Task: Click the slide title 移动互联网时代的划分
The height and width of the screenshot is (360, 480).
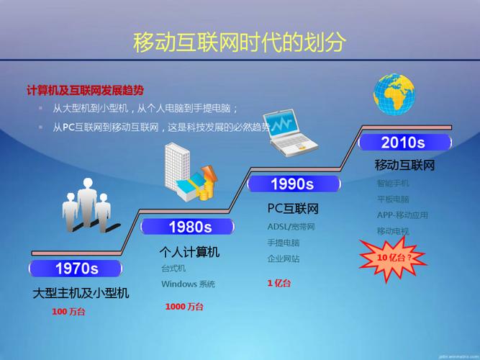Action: (x=240, y=42)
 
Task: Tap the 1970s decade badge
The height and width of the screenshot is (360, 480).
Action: (x=76, y=269)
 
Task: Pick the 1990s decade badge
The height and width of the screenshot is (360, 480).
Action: (x=291, y=184)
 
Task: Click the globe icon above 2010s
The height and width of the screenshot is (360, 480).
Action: (x=394, y=94)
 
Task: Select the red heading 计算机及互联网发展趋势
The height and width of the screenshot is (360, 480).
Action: (x=85, y=90)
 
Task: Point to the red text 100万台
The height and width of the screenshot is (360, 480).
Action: (x=68, y=312)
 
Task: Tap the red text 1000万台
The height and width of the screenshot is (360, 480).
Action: (x=184, y=307)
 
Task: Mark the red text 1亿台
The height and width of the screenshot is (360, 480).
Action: (x=279, y=283)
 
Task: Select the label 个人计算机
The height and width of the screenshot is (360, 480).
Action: (x=189, y=252)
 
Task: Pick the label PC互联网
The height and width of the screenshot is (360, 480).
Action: (x=293, y=209)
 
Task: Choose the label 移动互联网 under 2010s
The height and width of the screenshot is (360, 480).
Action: (x=405, y=165)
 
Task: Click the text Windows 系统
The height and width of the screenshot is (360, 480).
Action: (x=188, y=284)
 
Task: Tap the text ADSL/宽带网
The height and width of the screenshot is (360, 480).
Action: (x=291, y=227)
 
